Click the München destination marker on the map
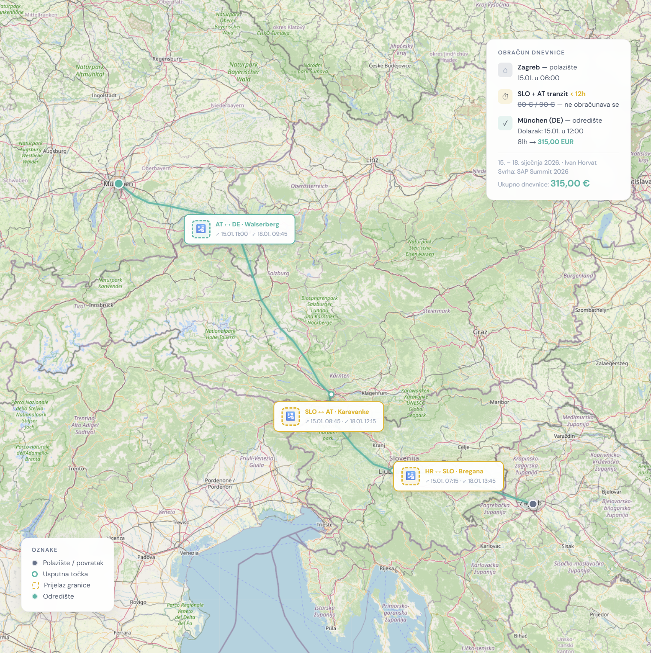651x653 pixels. [119, 184]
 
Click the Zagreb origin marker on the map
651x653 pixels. [533, 504]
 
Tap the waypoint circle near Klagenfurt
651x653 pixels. [331, 394]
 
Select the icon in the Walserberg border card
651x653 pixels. [201, 229]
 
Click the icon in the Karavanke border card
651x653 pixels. [290, 416]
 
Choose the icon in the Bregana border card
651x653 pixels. [410, 476]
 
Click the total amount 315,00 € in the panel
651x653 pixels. [570, 184]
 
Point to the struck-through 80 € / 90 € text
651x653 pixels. [536, 105]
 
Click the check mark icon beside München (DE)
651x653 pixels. [505, 123]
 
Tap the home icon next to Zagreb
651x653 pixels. [505, 70]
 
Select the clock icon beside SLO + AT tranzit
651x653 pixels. [505, 96]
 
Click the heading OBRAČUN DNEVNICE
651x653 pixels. [531, 53]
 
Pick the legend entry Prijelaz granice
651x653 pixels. [67, 585]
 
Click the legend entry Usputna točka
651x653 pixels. [65, 574]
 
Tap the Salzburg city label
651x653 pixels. [278, 273]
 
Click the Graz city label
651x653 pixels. [480, 332]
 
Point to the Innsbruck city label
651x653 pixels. [101, 305]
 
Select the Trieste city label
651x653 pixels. [324, 525]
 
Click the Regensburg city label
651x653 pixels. [167, 59]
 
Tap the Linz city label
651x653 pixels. [372, 160]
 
